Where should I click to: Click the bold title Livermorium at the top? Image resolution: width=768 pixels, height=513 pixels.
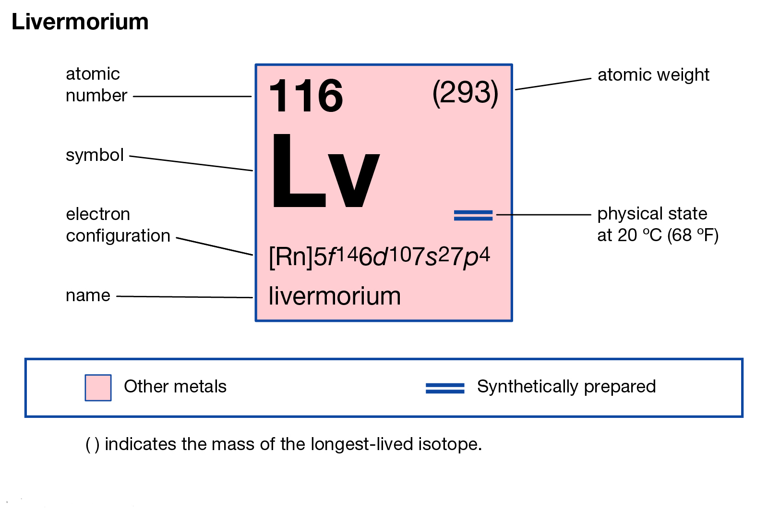pyautogui.click(x=80, y=22)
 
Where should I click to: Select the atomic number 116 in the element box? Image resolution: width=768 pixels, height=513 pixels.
pyautogui.click(x=306, y=96)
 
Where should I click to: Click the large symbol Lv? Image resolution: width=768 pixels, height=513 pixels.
pyautogui.click(x=326, y=171)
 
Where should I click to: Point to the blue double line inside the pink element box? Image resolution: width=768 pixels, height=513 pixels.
pyautogui.click(x=473, y=215)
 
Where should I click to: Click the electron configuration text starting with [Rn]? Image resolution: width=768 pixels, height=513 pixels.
pyautogui.click(x=380, y=257)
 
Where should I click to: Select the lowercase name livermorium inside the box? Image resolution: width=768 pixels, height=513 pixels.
pyautogui.click(x=334, y=296)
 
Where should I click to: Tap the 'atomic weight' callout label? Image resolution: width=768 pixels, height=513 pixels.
pyautogui.click(x=653, y=75)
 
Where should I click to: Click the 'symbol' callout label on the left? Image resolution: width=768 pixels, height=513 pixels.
pyautogui.click(x=95, y=155)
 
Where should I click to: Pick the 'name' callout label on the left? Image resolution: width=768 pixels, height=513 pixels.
pyautogui.click(x=88, y=295)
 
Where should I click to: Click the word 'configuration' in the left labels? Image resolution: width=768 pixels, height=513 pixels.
pyautogui.click(x=118, y=236)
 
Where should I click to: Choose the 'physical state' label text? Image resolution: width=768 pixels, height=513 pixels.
pyautogui.click(x=652, y=214)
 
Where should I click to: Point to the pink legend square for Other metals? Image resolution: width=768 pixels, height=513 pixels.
pyautogui.click(x=98, y=388)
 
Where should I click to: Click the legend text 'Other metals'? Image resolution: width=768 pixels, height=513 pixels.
pyautogui.click(x=175, y=387)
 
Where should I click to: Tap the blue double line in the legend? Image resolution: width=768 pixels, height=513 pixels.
pyautogui.click(x=445, y=388)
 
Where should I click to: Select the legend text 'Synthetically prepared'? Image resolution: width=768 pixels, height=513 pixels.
pyautogui.click(x=566, y=387)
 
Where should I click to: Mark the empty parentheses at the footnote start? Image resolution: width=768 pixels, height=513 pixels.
pyautogui.click(x=93, y=445)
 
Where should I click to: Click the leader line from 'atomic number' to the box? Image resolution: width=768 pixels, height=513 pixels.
pyautogui.click(x=192, y=97)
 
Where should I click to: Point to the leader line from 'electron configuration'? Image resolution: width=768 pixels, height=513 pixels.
pyautogui.click(x=215, y=246)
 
